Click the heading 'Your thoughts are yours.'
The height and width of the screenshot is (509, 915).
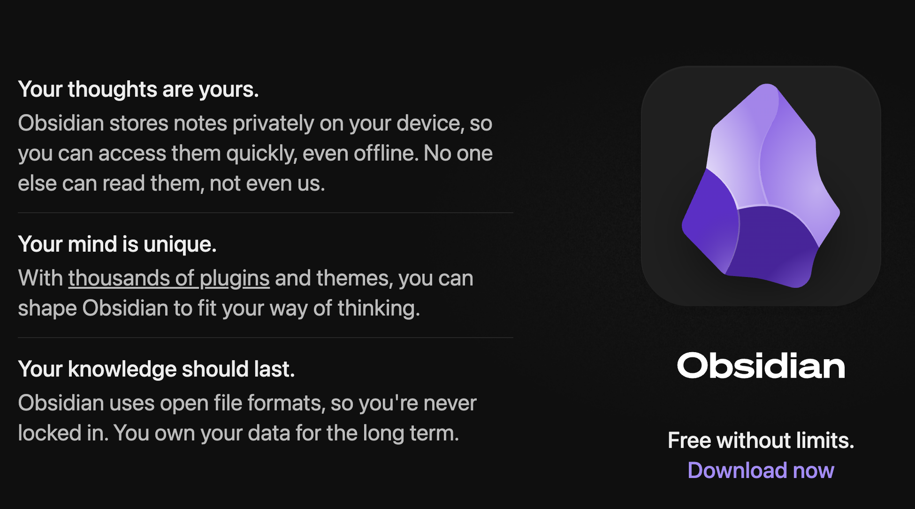pos(138,89)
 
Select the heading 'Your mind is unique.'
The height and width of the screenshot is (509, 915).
pos(117,244)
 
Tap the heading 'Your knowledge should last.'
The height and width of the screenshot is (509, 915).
pos(156,369)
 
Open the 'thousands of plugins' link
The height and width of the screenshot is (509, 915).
pos(169,278)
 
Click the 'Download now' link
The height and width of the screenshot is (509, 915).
pos(761,470)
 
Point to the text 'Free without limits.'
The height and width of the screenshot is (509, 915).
pos(761,440)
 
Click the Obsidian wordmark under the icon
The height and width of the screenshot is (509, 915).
pos(761,366)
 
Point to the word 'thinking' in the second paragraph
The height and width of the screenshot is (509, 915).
pos(379,309)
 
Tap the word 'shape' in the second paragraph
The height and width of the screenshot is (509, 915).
pos(47,309)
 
